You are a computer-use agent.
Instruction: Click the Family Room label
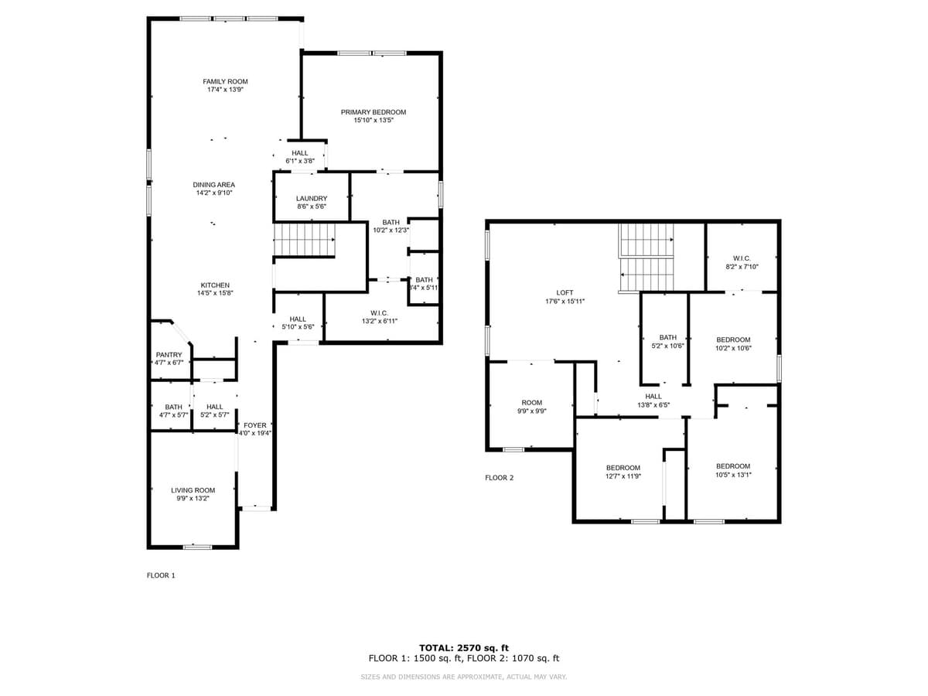pos(225,81)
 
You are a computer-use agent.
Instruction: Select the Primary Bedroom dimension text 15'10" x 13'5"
pos(374,121)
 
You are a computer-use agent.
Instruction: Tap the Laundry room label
pos(312,199)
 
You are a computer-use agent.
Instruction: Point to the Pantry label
pos(169,355)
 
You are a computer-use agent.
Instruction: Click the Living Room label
pos(193,490)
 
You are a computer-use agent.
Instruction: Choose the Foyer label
pos(255,425)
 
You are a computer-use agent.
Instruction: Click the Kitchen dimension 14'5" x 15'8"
pos(215,293)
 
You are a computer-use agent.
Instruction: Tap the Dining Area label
pos(214,185)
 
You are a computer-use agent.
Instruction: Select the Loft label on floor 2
pos(565,292)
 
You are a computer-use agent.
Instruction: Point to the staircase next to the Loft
pos(647,258)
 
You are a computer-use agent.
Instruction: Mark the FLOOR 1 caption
pos(162,575)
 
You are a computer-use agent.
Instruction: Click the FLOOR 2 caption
pos(499,478)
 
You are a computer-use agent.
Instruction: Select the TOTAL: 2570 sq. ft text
pos(464,648)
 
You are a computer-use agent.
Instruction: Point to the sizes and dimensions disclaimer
pos(464,677)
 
